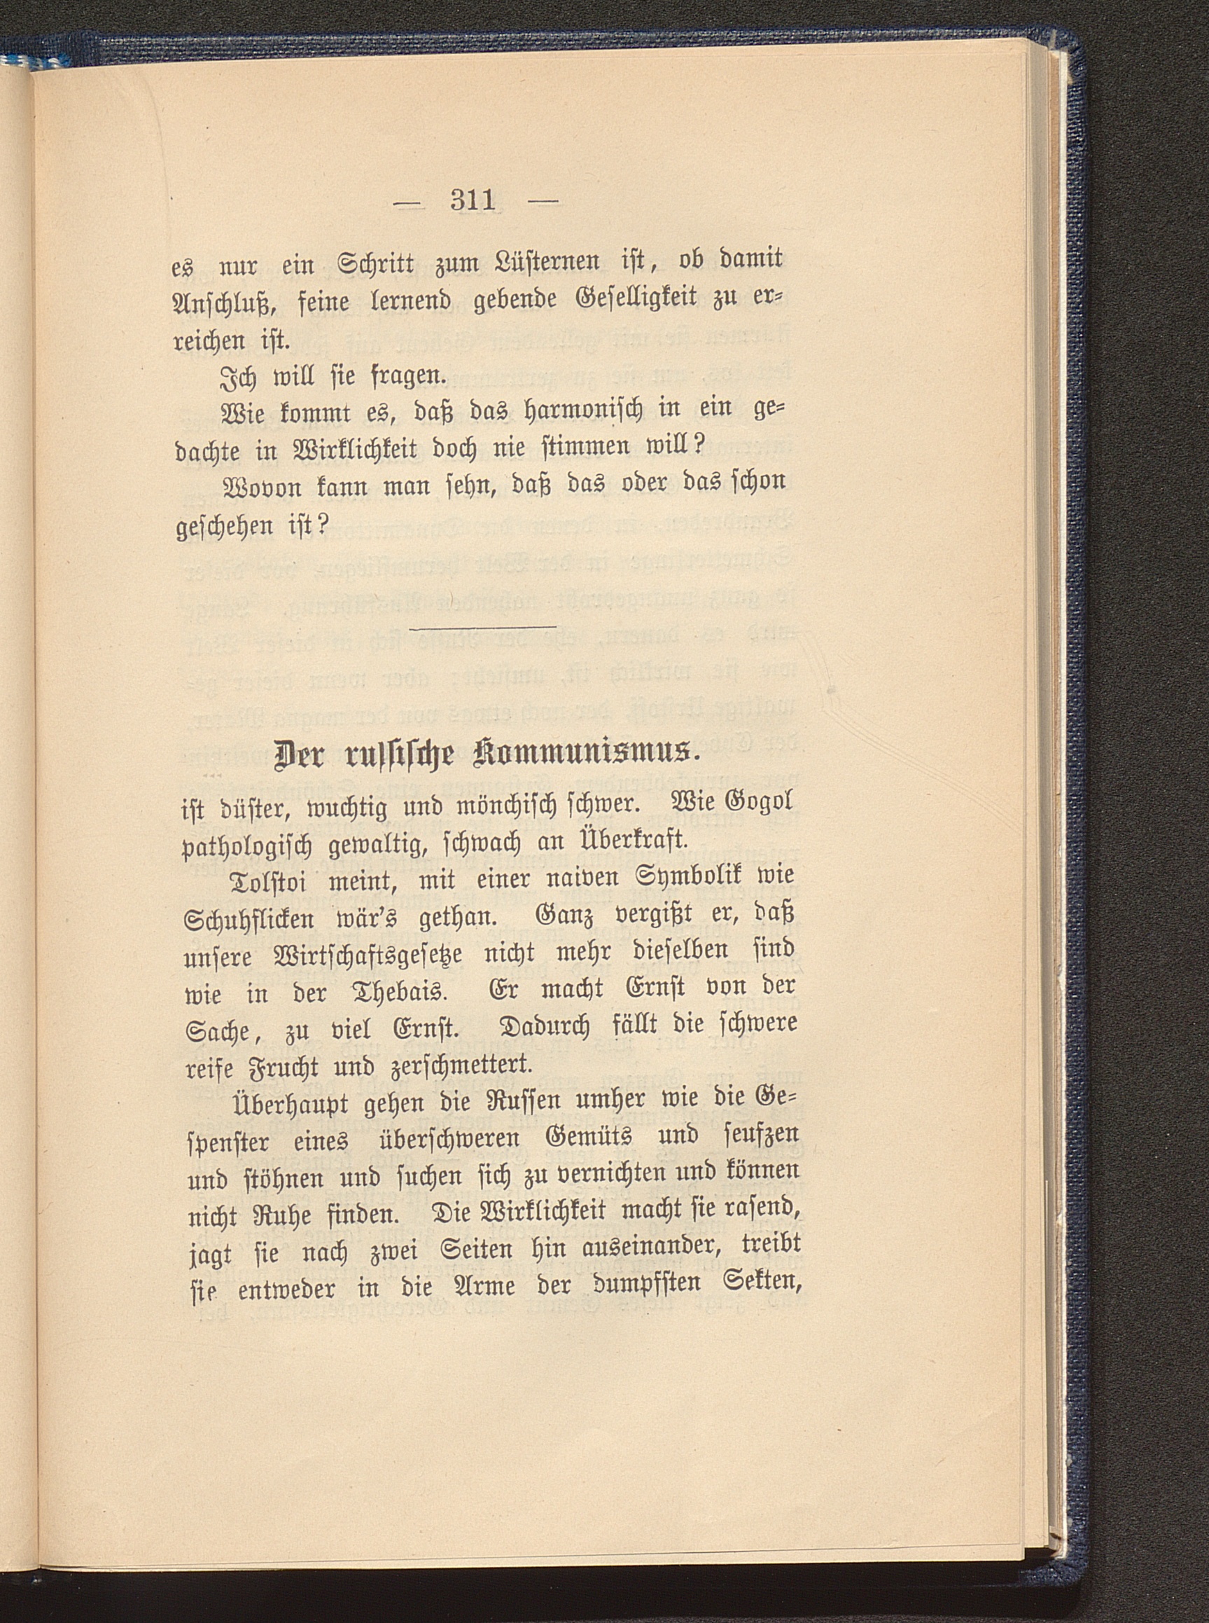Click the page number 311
click(473, 200)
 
